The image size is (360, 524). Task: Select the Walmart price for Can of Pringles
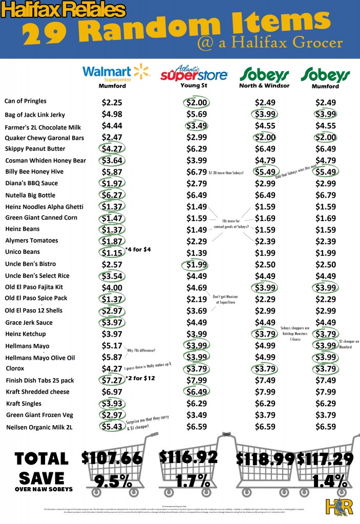click(112, 102)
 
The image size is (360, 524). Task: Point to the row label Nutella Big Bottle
click(30, 195)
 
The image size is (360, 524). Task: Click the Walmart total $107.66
click(112, 457)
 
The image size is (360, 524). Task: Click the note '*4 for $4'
click(136, 249)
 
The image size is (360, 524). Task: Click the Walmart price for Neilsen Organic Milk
click(112, 426)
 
